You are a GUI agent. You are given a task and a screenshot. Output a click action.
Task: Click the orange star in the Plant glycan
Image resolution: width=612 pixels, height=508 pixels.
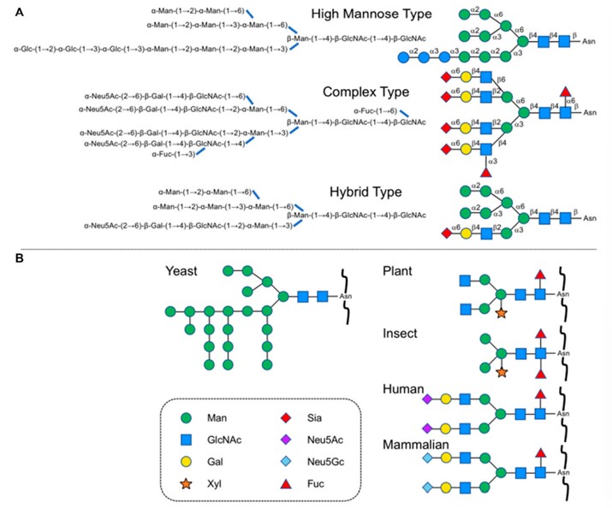pyautogui.click(x=502, y=314)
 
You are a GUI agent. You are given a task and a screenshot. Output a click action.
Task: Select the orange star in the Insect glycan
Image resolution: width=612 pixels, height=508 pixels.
pyautogui.click(x=502, y=372)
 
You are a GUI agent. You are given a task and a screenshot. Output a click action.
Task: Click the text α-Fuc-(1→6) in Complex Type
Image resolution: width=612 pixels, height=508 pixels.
pyautogui.click(x=376, y=110)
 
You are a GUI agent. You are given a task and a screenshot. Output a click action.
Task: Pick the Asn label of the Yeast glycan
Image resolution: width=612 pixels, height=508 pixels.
pyautogui.click(x=346, y=298)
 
